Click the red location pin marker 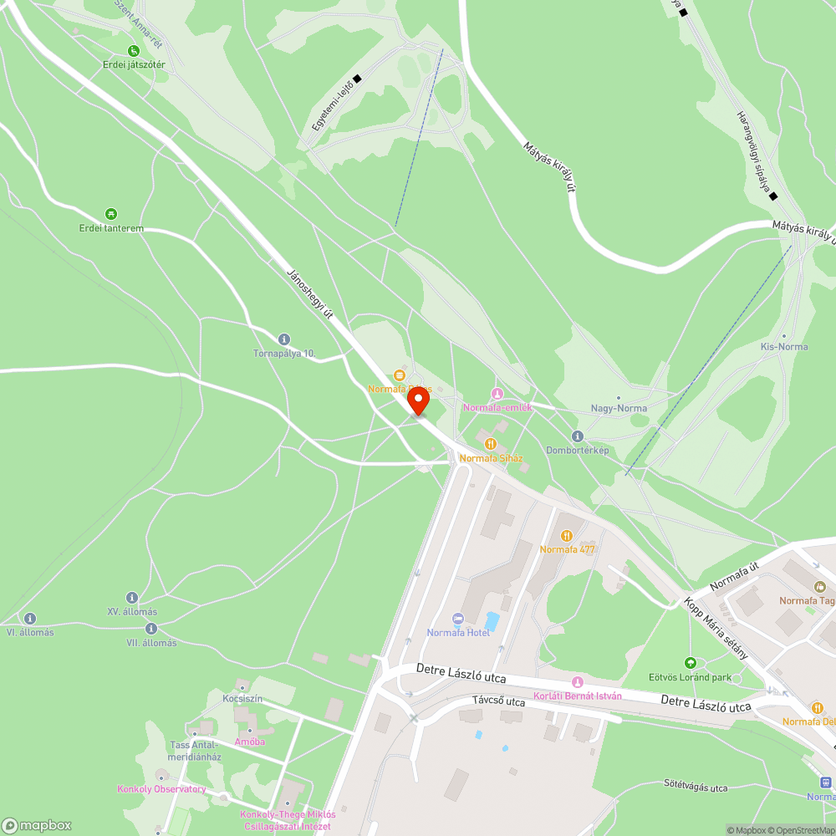pyautogui.click(x=418, y=400)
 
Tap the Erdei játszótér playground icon pyautogui.click(x=134, y=51)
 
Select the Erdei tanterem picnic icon pyautogui.click(x=111, y=214)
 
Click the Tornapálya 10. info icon pyautogui.click(x=284, y=339)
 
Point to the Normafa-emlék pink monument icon pyautogui.click(x=497, y=394)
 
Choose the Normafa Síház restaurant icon pyautogui.click(x=491, y=444)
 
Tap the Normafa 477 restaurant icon pyautogui.click(x=568, y=535)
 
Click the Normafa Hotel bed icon pyautogui.click(x=457, y=619)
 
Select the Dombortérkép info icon pyautogui.click(x=578, y=436)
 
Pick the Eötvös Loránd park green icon pyautogui.click(x=691, y=662)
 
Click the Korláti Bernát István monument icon pyautogui.click(x=577, y=683)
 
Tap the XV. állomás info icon pyautogui.click(x=132, y=598)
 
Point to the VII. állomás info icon pyautogui.click(x=151, y=629)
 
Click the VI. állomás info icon pyautogui.click(x=30, y=619)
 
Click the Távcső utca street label pyautogui.click(x=498, y=701)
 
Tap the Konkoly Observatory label pyautogui.click(x=161, y=788)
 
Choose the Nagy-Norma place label pyautogui.click(x=618, y=408)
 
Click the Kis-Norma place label pyautogui.click(x=783, y=346)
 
